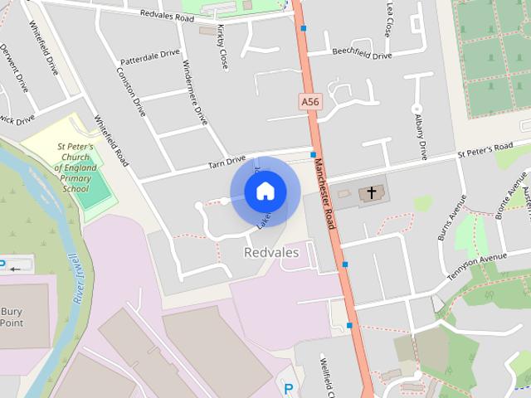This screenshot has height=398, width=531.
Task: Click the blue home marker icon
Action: [x=265, y=192]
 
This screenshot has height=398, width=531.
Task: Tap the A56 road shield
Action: [x=309, y=101]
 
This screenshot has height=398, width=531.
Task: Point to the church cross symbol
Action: [x=371, y=193]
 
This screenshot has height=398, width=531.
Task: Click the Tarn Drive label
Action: [x=227, y=161]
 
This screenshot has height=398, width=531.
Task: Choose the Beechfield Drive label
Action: [x=361, y=55]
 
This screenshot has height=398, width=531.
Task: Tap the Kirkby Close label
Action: [x=221, y=46]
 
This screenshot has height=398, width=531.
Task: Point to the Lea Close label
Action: [x=387, y=19]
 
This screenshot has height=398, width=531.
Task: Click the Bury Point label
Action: [x=11, y=318]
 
